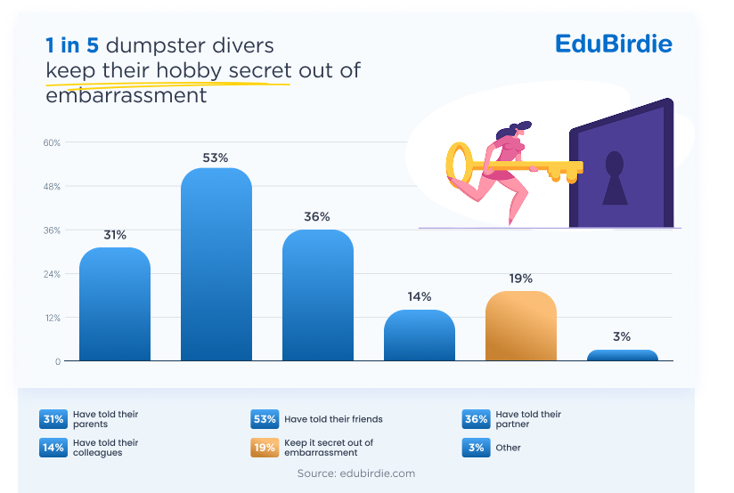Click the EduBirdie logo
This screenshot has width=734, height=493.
[613, 44]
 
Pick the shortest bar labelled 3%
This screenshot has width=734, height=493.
[623, 356]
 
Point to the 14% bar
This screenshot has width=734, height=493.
[420, 335]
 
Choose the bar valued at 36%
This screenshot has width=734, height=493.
[318, 295]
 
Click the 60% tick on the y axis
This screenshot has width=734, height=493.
[52, 142]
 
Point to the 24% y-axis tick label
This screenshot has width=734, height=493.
[52, 274]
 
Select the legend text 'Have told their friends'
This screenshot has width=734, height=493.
[332, 418]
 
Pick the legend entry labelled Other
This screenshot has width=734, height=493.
[509, 448]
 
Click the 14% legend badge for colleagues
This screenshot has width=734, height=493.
[53, 448]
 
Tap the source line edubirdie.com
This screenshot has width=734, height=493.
[356, 473]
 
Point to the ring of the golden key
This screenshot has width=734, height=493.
[460, 165]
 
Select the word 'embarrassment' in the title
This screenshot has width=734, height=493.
[126, 95]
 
